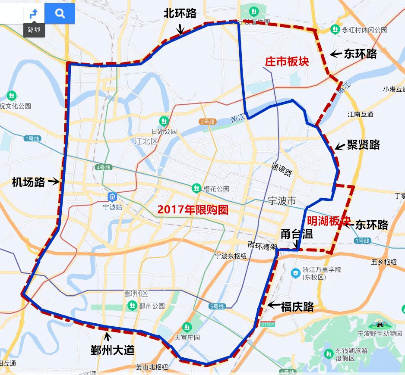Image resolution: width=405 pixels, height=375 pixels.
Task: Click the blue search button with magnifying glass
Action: (60, 13)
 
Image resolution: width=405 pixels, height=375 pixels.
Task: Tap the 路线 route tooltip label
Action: (34, 30)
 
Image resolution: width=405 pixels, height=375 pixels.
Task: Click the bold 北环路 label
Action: (180, 13)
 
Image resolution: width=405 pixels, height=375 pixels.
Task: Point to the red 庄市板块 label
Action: (287, 62)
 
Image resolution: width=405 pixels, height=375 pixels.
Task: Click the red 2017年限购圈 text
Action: (192, 209)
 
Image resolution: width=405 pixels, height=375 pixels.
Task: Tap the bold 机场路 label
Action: (28, 182)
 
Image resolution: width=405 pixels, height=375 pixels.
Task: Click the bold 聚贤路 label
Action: (364, 145)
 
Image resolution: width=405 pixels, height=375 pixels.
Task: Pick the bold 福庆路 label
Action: (297, 306)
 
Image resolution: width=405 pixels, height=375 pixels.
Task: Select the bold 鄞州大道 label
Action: (112, 350)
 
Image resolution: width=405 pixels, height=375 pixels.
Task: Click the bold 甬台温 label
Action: (297, 234)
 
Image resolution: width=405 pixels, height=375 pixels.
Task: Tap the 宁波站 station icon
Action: (112, 197)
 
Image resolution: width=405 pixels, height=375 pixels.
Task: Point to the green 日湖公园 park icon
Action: (164, 121)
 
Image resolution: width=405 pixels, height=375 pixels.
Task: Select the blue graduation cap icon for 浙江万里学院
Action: (295, 273)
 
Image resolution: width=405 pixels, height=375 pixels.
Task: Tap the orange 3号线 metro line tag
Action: (207, 122)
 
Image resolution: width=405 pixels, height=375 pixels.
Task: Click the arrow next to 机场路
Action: (54, 182)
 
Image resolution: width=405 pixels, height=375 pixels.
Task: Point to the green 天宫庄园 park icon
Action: (187, 327)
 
